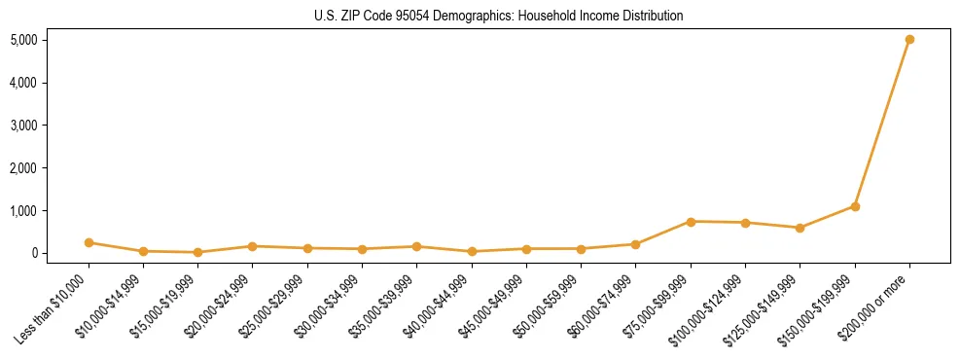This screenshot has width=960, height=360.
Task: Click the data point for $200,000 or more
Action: tap(909, 40)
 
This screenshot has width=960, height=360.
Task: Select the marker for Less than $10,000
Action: tap(89, 242)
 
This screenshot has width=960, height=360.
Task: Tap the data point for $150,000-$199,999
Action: tap(855, 206)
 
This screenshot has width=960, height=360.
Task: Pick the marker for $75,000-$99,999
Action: tap(691, 222)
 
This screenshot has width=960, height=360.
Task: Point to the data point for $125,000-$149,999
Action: tap(800, 228)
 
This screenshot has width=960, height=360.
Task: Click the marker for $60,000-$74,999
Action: tap(635, 244)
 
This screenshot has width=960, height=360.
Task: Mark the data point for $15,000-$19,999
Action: tap(198, 252)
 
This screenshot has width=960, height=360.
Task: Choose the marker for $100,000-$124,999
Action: tap(745, 223)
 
